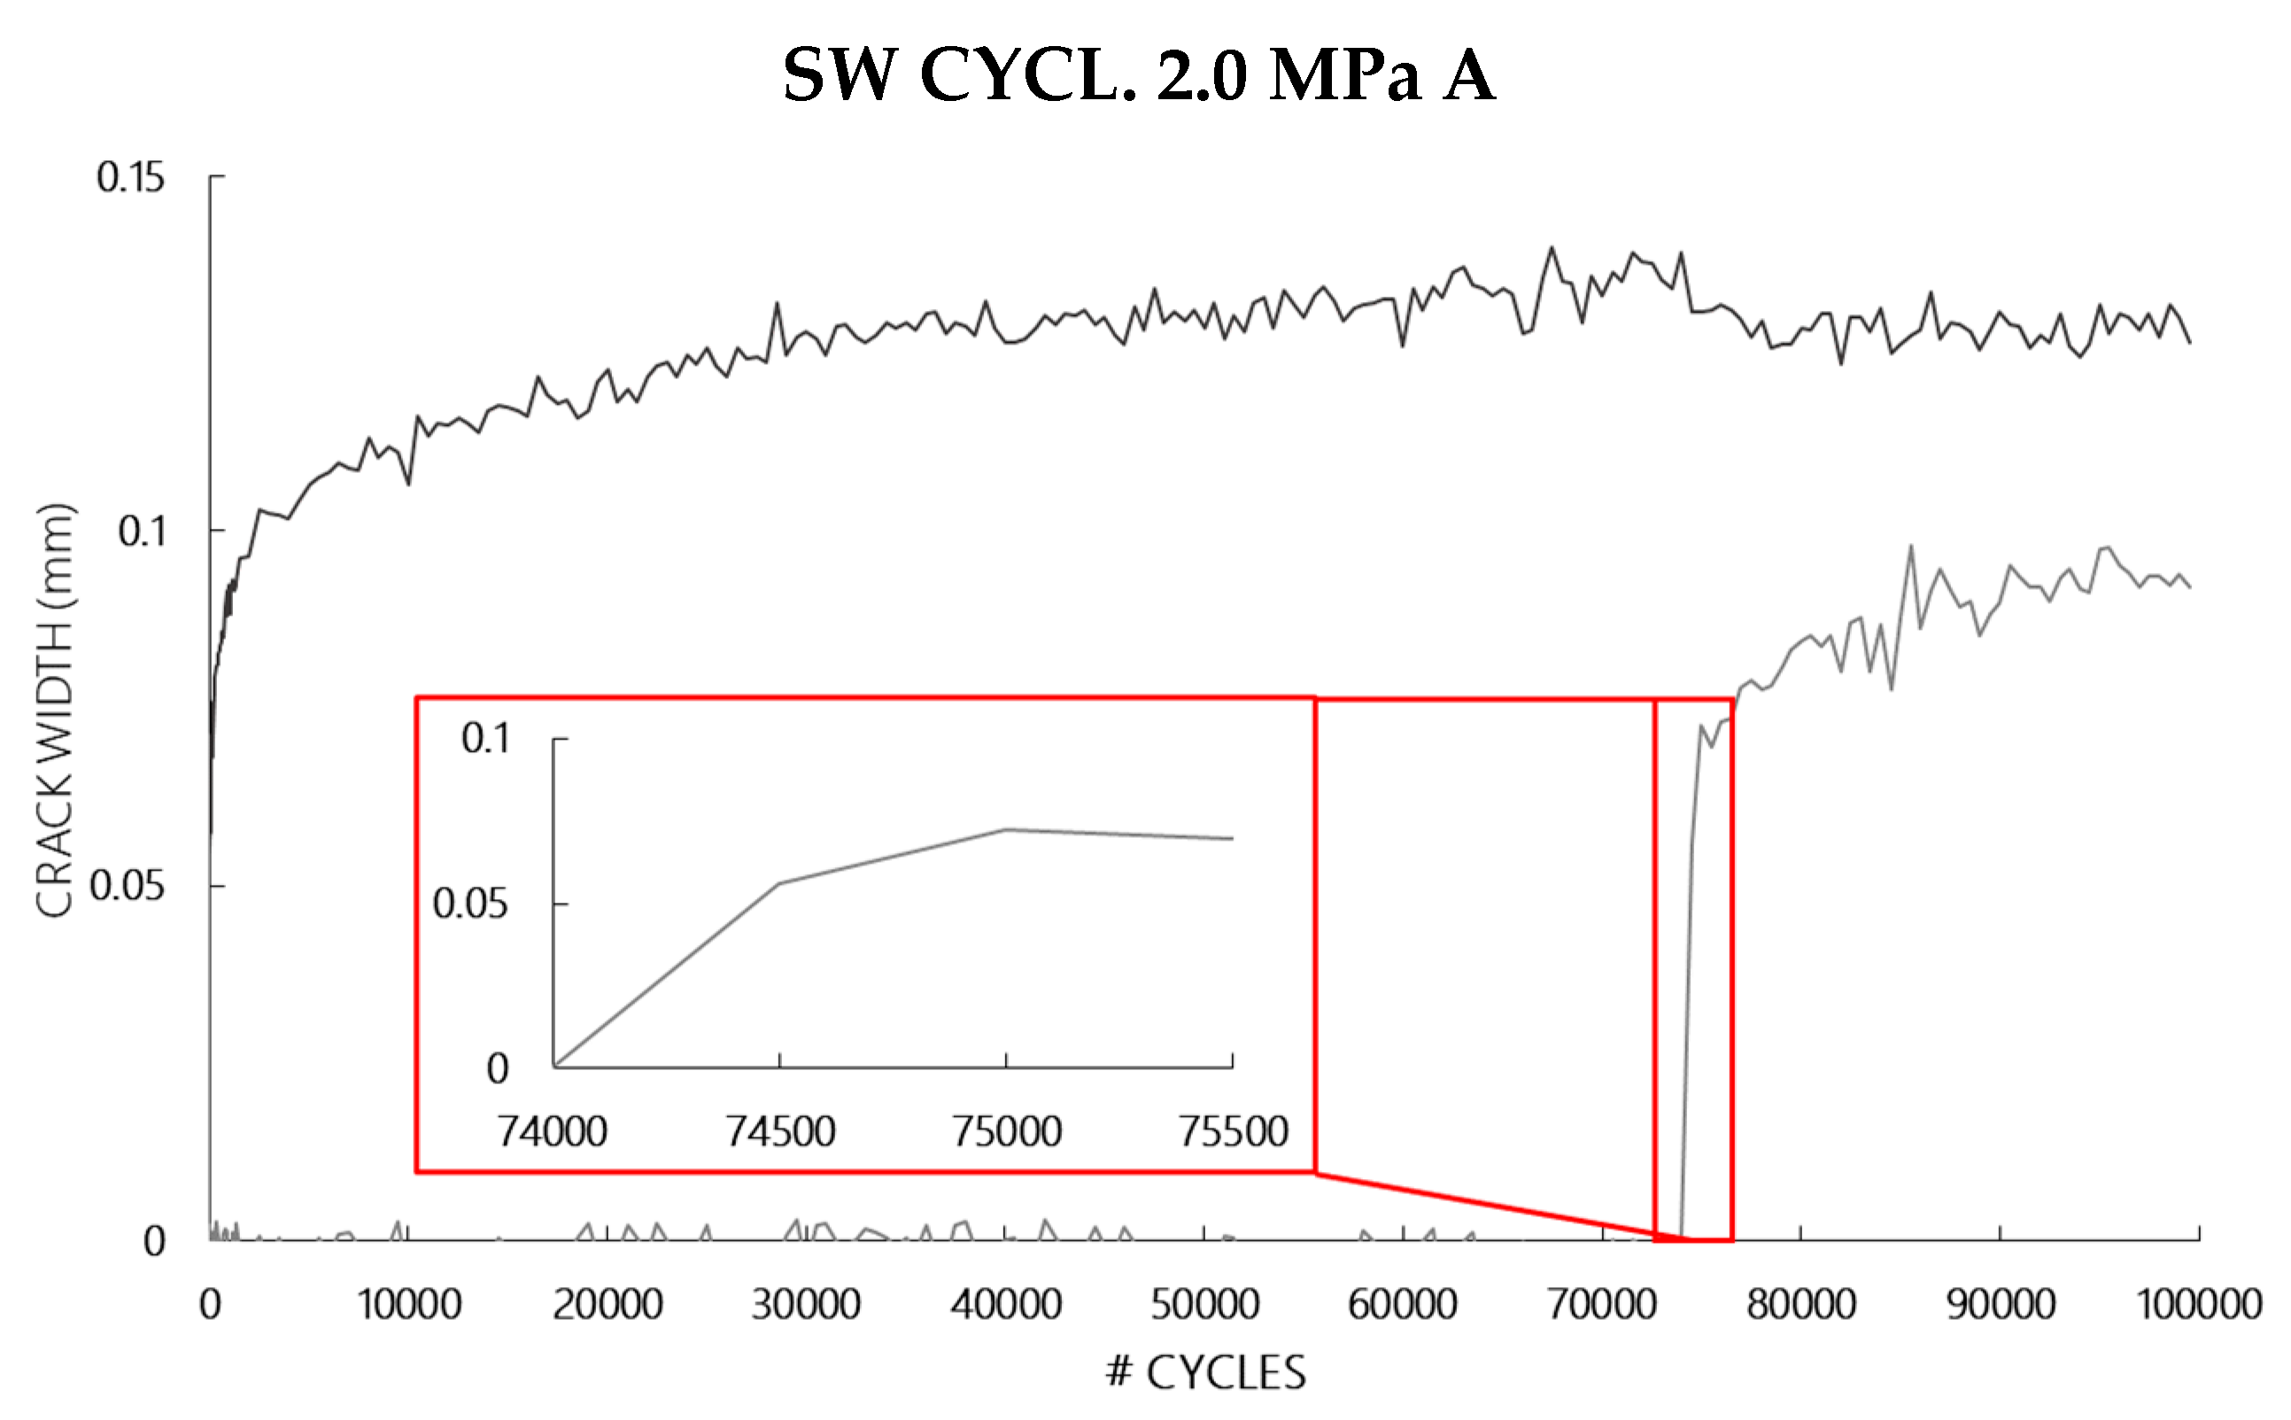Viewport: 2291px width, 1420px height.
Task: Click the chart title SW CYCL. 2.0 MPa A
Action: coord(1139,75)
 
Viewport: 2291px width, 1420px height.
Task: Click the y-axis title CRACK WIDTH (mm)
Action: coord(54,711)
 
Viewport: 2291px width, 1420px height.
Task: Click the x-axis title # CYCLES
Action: coord(1205,1372)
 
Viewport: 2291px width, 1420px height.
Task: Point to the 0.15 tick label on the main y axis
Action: coord(130,177)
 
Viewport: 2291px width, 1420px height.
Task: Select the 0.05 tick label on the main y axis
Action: coord(127,886)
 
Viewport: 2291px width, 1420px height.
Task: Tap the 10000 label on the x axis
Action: coord(409,1305)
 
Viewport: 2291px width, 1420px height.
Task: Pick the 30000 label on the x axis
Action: coord(807,1305)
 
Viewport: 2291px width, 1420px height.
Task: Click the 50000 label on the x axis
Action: coord(1204,1305)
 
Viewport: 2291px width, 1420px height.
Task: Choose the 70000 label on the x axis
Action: coord(1602,1305)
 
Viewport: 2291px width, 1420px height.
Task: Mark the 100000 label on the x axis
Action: coord(2199,1305)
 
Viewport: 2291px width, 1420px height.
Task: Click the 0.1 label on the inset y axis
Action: coord(485,739)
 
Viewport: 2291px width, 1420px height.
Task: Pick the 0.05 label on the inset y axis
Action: coord(470,904)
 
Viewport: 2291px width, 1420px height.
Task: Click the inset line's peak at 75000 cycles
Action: coord(1006,829)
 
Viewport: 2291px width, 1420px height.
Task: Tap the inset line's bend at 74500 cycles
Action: coord(779,884)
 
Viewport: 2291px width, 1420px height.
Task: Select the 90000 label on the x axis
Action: coord(2000,1305)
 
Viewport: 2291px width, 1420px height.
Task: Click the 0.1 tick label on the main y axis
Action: coord(142,532)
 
